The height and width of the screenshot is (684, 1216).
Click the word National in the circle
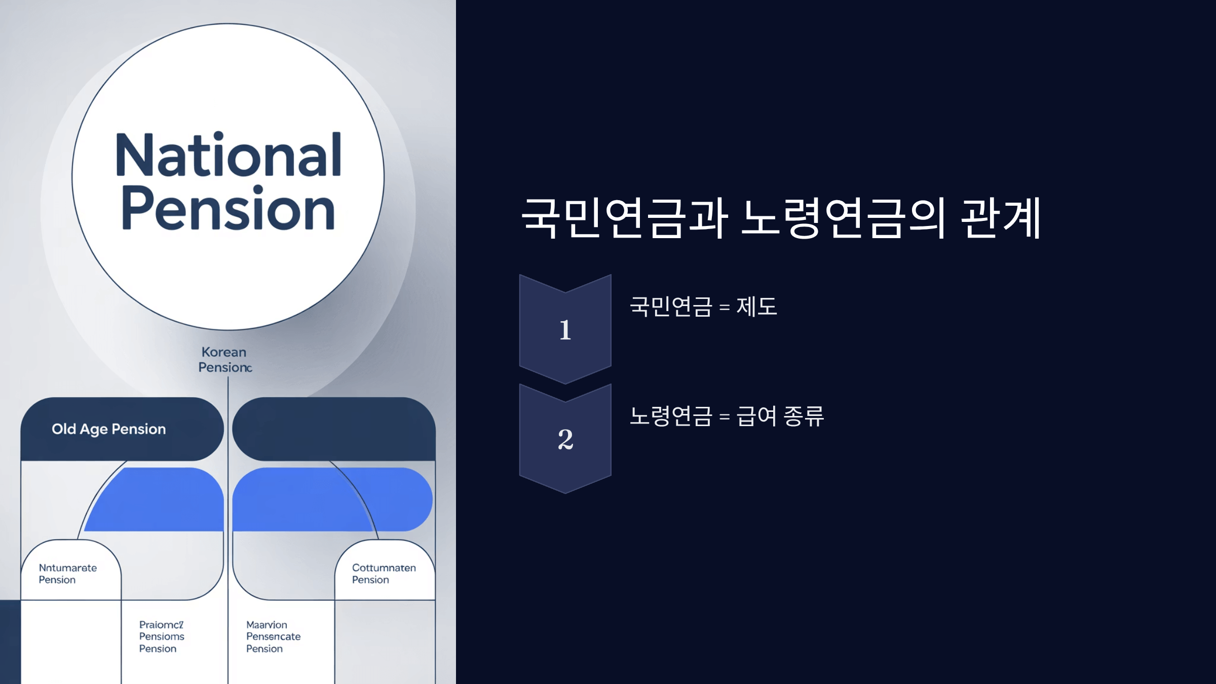(229, 155)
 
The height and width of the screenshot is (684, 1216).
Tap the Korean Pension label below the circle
(224, 360)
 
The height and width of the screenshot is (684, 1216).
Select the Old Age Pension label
(108, 429)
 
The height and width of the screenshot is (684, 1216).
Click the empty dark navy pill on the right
(333, 429)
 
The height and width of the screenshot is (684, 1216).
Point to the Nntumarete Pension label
(67, 574)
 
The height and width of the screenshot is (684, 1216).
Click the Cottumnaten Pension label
(384, 574)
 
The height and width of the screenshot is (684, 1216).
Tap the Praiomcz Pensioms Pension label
(162, 636)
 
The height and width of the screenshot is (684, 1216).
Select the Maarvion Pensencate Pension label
(273, 636)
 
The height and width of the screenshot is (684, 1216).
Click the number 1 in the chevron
(565, 330)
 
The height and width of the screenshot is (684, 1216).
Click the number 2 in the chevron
(565, 439)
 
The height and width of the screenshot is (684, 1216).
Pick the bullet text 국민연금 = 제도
(703, 307)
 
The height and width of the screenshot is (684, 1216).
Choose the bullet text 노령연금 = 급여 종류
(727, 416)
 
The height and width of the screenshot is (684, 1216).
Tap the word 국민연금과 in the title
(625, 218)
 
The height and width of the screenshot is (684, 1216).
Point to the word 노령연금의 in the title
(843, 218)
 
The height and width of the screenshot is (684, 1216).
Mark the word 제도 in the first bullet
(756, 307)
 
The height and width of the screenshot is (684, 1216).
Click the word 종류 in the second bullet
(804, 416)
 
